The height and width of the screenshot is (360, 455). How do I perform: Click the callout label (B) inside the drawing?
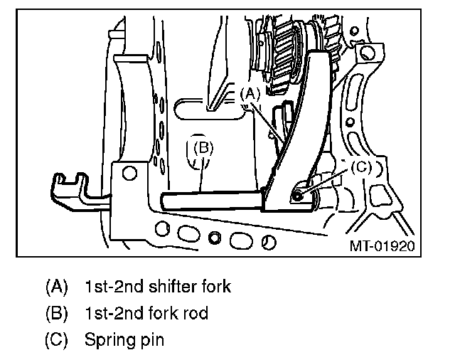[203, 148]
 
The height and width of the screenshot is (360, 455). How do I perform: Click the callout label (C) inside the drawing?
[361, 167]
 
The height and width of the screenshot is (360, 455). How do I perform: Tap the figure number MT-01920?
[382, 245]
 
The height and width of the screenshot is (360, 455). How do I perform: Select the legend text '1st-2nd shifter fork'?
[157, 287]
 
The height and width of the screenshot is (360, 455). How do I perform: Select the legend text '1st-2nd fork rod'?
[146, 313]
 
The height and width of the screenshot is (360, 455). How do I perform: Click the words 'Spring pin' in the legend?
[124, 339]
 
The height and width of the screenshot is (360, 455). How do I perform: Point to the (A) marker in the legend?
[56, 287]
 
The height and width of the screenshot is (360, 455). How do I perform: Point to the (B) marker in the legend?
[56, 313]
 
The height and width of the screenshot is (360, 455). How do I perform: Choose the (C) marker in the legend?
[56, 339]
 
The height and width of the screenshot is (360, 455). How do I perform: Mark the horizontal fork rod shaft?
[213, 200]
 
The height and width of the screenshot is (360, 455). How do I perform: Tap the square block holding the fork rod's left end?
[129, 189]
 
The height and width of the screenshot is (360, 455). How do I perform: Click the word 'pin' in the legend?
[151, 339]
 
